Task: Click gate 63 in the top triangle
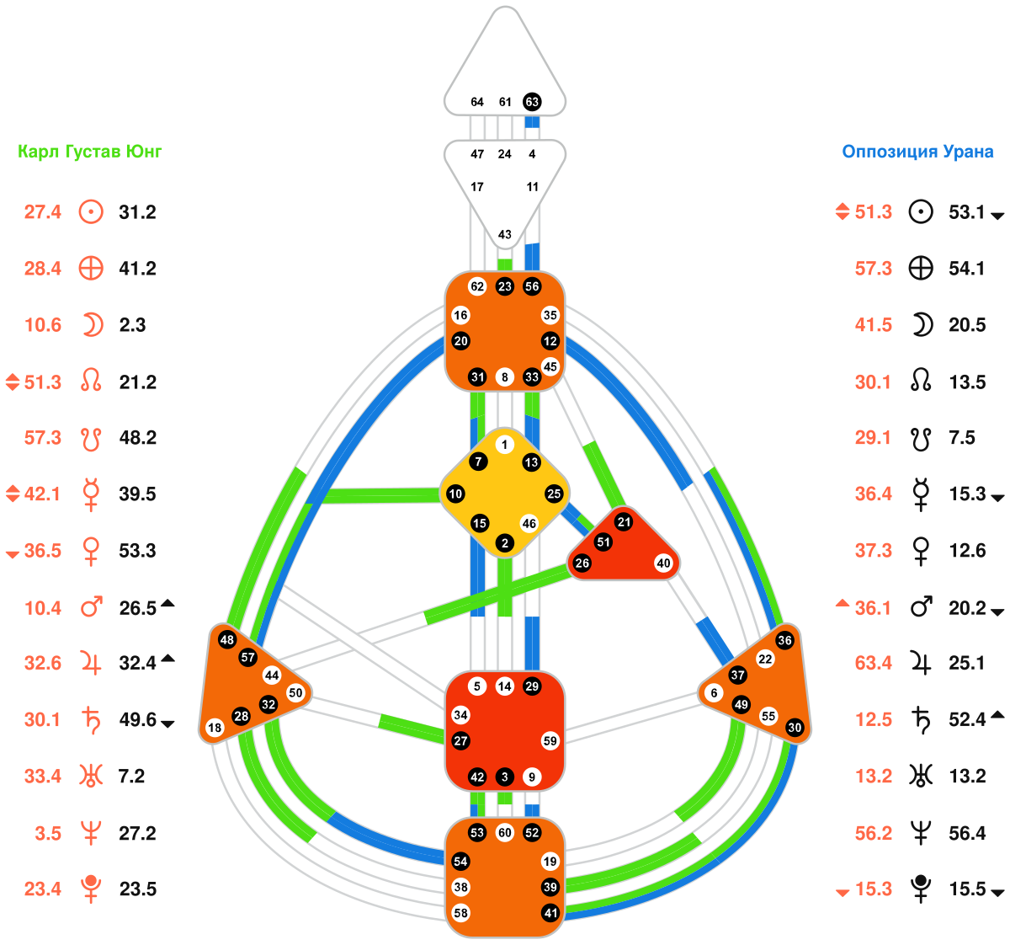(x=532, y=102)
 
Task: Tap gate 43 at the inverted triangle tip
(x=505, y=235)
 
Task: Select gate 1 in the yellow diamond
(x=505, y=445)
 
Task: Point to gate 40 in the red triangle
(x=663, y=563)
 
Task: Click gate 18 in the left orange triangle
(x=215, y=728)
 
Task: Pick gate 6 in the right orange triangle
(x=714, y=693)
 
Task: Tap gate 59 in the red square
(x=550, y=741)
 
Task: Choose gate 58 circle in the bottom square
(x=460, y=913)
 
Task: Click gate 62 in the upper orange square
(x=477, y=286)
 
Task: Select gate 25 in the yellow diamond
(x=554, y=494)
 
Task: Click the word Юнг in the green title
(x=144, y=152)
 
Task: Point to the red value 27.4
(x=43, y=212)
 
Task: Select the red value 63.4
(x=874, y=663)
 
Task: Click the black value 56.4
(x=967, y=833)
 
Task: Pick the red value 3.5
(x=48, y=833)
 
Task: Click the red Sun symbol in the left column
(x=91, y=212)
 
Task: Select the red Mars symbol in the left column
(x=91, y=606)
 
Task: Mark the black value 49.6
(x=138, y=719)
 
